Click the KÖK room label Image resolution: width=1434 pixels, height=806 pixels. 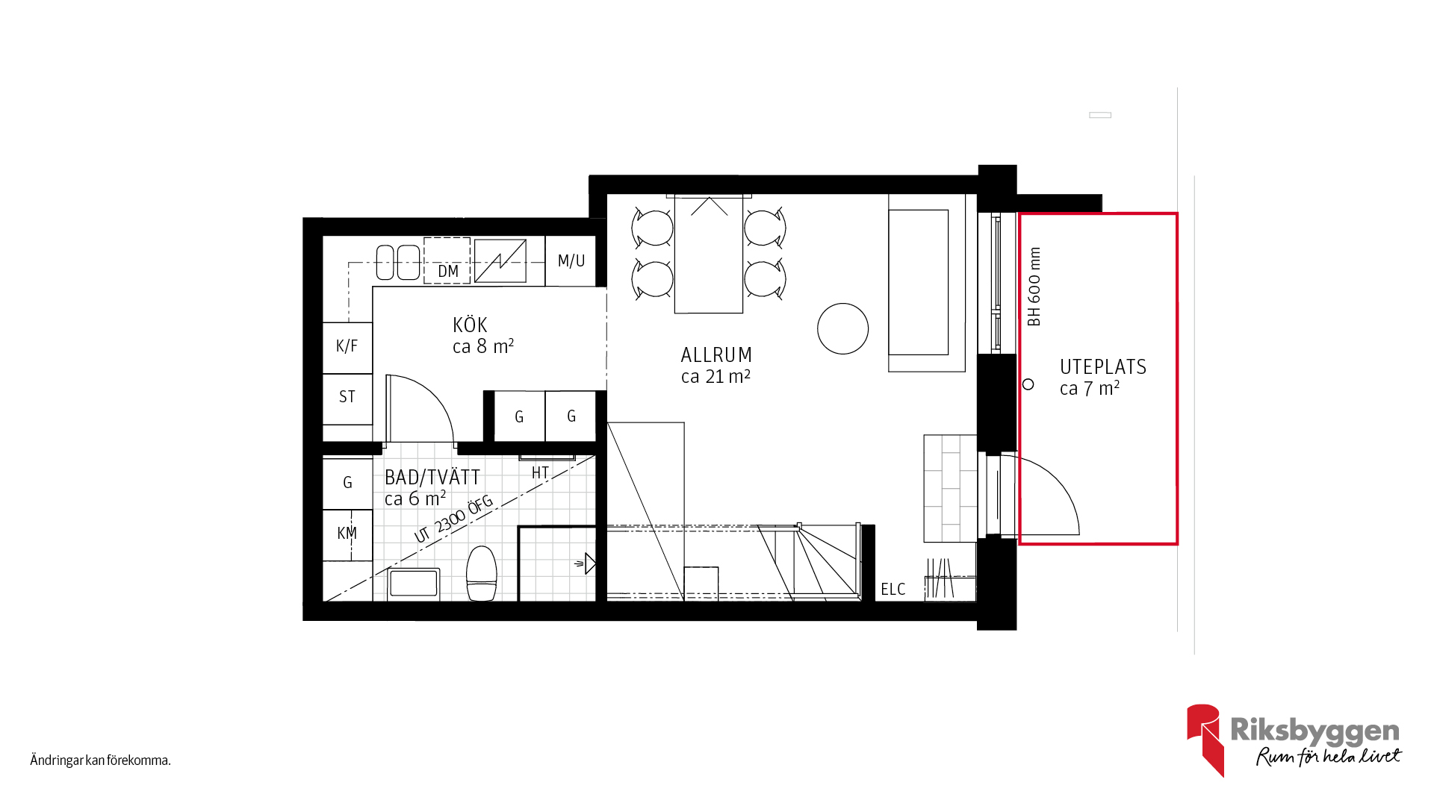470,325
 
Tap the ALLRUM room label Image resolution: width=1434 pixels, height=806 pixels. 716,355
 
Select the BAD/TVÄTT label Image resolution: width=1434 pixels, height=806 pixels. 432,478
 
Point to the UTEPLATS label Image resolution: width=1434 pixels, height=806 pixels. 1103,367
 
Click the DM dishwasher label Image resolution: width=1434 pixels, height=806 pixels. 448,271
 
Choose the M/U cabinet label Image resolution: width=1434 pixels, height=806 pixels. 571,260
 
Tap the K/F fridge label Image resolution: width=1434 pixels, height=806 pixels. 347,346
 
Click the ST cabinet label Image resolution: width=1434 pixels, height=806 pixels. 347,396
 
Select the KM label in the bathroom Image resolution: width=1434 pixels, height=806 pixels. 347,533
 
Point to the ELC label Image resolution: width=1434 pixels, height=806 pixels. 893,590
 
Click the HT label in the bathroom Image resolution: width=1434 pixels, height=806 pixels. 540,472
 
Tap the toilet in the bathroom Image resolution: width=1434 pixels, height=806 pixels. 482,573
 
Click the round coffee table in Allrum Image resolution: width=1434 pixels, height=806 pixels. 843,328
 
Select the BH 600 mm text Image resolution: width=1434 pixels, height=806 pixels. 1034,287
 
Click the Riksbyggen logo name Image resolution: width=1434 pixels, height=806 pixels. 1314,731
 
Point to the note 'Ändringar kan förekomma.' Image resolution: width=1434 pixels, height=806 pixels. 101,760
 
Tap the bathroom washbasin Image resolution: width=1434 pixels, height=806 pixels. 414,584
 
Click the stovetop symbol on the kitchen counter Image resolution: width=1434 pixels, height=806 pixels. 500,261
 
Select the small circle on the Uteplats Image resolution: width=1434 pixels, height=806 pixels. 1028,384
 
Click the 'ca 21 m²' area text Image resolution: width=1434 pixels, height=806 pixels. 716,377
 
